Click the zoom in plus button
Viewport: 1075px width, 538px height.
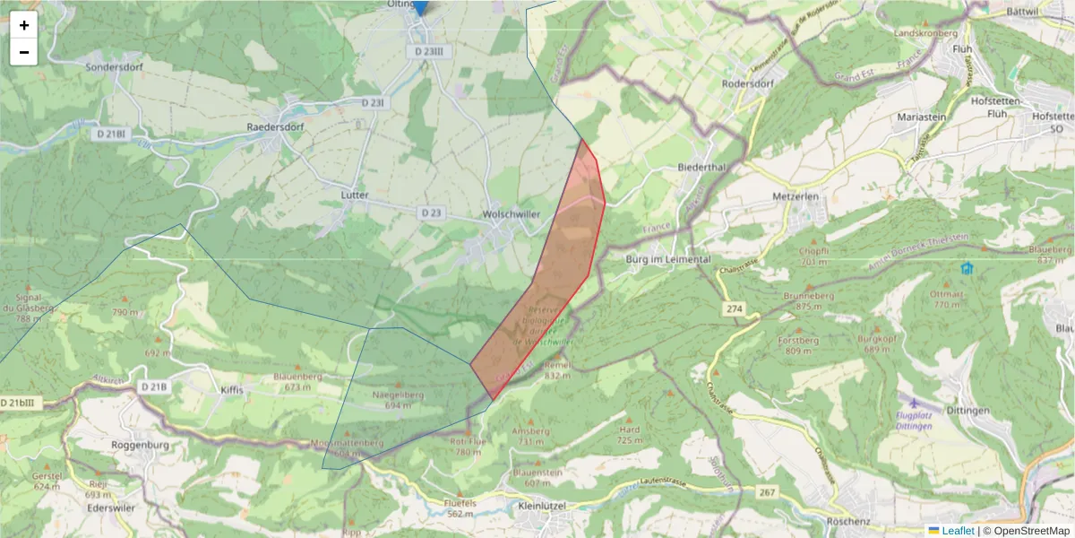(24, 25)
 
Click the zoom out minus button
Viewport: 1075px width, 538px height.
(24, 52)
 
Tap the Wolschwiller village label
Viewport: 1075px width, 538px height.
(512, 216)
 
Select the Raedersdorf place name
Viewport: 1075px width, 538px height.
(275, 127)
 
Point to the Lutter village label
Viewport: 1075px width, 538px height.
(355, 195)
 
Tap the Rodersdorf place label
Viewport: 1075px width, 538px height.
(746, 84)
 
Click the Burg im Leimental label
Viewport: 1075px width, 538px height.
(666, 259)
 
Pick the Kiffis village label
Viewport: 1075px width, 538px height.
(231, 390)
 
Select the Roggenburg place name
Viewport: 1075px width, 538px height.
(134, 444)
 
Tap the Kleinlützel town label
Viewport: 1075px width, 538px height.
(544, 506)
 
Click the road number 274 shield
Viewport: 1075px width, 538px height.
(734, 309)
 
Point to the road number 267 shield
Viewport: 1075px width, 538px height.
(766, 492)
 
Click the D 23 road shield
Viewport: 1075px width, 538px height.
(431, 213)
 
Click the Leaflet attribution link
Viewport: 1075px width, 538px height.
(958, 531)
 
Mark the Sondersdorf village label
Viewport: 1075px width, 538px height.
(115, 66)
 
